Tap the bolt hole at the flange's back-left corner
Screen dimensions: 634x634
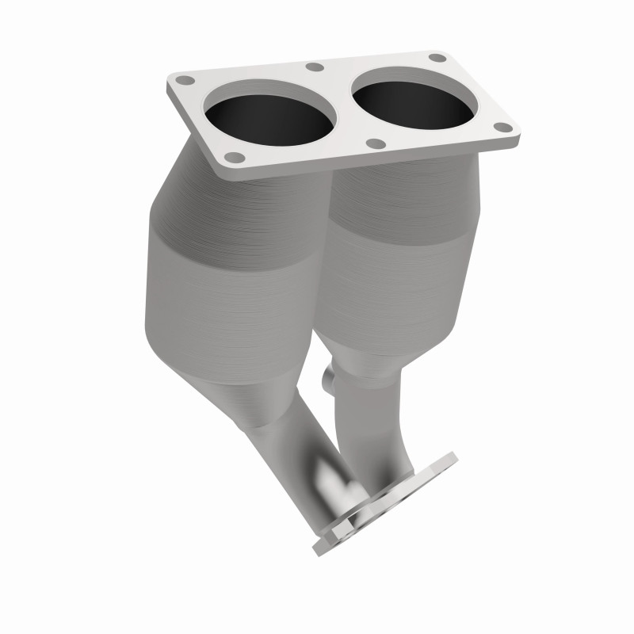point(185,80)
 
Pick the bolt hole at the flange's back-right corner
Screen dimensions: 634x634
point(436,58)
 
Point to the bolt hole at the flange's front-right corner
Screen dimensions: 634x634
point(501,127)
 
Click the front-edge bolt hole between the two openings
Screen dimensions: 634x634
point(377,143)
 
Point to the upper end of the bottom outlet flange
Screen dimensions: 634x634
point(450,458)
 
